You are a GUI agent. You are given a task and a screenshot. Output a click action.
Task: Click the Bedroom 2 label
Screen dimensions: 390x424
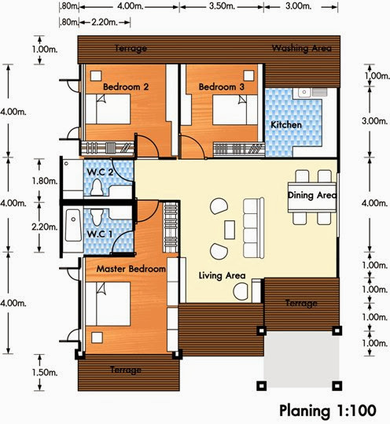[x=126, y=87]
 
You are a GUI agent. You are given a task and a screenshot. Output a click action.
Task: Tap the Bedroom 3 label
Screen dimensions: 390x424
[x=222, y=87]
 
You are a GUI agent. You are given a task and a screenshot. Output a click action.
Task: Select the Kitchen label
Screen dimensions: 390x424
[x=286, y=124]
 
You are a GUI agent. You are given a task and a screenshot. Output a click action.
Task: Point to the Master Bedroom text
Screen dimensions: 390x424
[x=131, y=269]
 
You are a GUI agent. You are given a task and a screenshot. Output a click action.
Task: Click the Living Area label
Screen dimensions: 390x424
[x=222, y=275]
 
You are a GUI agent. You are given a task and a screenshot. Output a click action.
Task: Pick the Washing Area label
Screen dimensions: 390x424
[x=301, y=48]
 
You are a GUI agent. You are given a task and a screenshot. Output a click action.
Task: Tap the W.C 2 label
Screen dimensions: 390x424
[x=100, y=172]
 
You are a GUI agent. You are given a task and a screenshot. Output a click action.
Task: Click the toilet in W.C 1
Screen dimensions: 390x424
[x=97, y=217]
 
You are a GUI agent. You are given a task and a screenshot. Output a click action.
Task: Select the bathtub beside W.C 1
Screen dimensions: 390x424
[x=73, y=225]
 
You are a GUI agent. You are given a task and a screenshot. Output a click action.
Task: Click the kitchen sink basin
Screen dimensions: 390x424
[x=304, y=92]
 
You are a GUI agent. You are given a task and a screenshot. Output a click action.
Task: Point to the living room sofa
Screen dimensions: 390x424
[x=253, y=228]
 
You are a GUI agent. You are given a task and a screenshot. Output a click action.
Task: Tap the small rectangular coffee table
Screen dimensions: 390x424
[x=230, y=230]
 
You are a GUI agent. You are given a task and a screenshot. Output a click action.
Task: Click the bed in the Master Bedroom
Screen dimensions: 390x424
[x=108, y=304]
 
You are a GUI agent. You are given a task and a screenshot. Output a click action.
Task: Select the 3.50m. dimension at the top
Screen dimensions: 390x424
[x=222, y=6]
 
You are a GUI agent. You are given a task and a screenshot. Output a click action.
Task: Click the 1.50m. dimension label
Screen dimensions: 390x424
[x=45, y=373]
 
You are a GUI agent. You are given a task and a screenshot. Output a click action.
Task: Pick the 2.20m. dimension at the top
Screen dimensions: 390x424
[x=105, y=22]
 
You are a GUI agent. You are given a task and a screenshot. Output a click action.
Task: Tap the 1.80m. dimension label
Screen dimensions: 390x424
[x=45, y=181]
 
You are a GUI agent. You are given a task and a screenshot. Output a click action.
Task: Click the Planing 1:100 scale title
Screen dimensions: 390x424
[x=328, y=411]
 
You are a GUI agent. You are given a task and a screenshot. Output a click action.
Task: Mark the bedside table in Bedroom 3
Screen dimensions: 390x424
[x=248, y=76]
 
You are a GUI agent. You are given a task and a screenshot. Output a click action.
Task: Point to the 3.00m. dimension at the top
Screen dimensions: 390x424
[x=298, y=6]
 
